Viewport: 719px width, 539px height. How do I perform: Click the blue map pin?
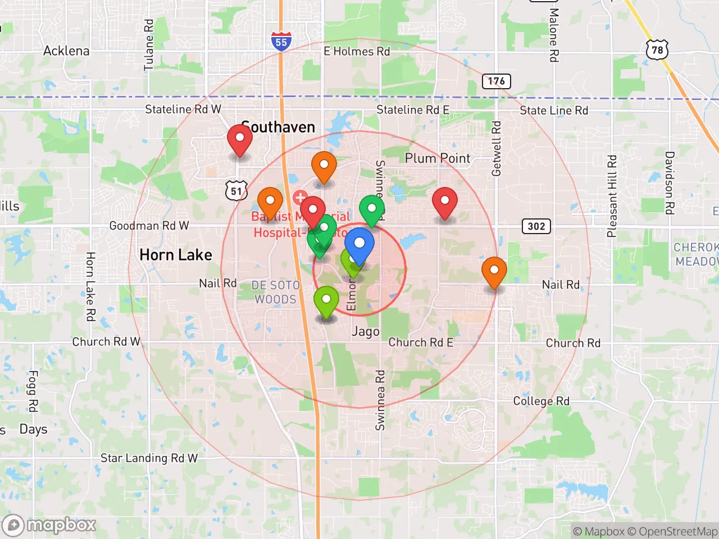click(x=359, y=245)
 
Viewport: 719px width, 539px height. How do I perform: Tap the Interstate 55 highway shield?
click(x=281, y=42)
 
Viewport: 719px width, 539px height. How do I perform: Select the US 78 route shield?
click(x=657, y=51)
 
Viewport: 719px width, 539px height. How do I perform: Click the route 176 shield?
click(x=496, y=81)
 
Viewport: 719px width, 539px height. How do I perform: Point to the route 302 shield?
click(x=536, y=226)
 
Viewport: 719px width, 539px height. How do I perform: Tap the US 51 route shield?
click(x=236, y=191)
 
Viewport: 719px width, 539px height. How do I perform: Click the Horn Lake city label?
click(x=176, y=255)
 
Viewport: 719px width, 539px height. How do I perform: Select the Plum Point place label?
click(x=438, y=158)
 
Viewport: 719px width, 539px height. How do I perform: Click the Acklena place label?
click(x=66, y=51)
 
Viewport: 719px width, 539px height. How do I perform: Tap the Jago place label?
click(x=366, y=331)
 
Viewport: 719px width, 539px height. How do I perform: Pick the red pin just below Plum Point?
click(x=445, y=202)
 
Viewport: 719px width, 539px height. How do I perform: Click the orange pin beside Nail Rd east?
click(x=494, y=272)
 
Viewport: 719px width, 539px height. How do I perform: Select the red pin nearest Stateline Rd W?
click(x=239, y=140)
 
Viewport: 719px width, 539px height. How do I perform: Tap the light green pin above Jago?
click(x=326, y=302)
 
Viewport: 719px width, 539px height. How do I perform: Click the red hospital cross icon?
click(x=300, y=197)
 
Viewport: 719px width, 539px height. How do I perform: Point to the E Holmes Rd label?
click(x=357, y=52)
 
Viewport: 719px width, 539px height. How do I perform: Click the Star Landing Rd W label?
click(x=149, y=458)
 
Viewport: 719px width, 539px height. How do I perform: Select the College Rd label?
click(x=541, y=401)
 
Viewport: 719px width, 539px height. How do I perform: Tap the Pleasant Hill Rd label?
click(x=612, y=196)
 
